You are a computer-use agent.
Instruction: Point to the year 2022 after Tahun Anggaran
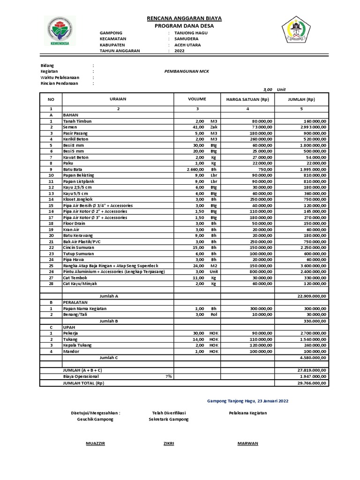click(x=180, y=51)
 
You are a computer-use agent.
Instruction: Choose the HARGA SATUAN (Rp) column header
click(x=247, y=99)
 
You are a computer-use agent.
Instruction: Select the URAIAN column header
click(x=118, y=99)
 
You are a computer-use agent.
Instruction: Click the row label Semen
click(x=71, y=127)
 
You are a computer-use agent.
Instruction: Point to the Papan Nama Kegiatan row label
click(x=85, y=308)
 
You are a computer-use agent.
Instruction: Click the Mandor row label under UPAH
click(x=72, y=351)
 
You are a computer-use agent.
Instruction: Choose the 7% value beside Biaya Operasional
click(x=168, y=376)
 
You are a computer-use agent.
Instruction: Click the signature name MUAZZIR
click(x=96, y=443)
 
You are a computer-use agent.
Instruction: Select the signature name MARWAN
click(x=247, y=443)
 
